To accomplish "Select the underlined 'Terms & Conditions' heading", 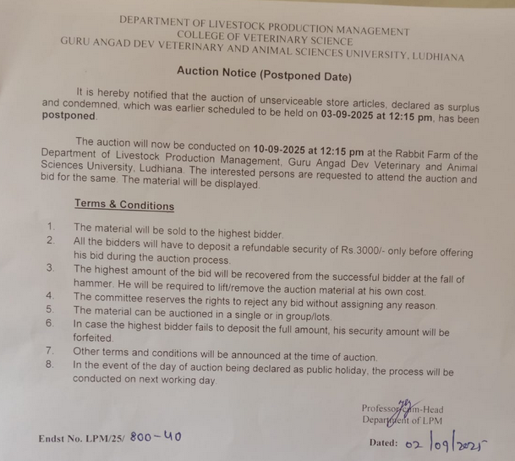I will (124, 206).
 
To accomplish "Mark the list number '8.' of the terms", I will (52, 365).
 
